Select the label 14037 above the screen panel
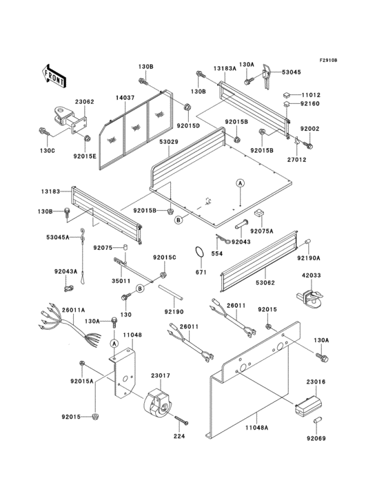[125, 98]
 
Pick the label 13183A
[225, 69]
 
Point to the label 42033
[312, 276]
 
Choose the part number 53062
[265, 282]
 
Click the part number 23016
[316, 381]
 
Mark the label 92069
[316, 438]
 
